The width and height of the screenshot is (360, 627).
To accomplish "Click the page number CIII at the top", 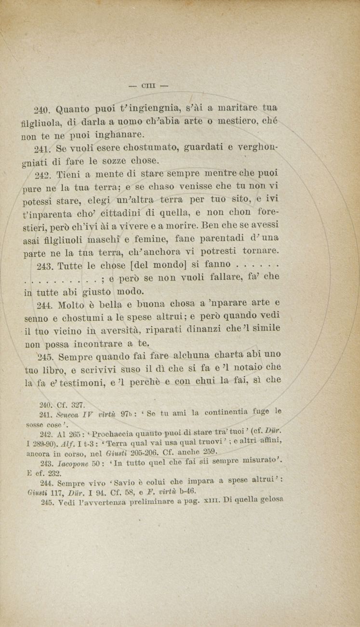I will [x=148, y=86].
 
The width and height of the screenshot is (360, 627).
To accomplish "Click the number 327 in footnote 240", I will [x=78, y=405].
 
